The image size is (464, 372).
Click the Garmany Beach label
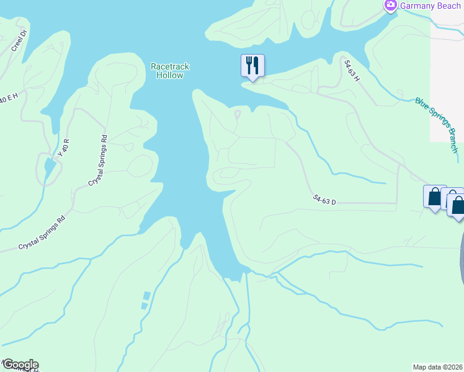tap(430, 6)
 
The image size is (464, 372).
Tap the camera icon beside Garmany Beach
tap(391, 6)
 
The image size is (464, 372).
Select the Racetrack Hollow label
tap(169, 71)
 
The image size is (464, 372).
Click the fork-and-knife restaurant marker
tap(252, 65)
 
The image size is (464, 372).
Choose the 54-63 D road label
tap(324, 200)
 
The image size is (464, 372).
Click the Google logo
tap(20, 364)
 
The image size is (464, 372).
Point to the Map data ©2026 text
tap(438, 366)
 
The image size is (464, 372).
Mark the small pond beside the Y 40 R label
tap(49, 167)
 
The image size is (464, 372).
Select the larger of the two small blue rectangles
tap(147, 296)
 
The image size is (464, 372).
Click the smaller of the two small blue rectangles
tap(144, 306)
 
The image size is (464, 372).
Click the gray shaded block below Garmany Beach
tap(447, 81)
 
